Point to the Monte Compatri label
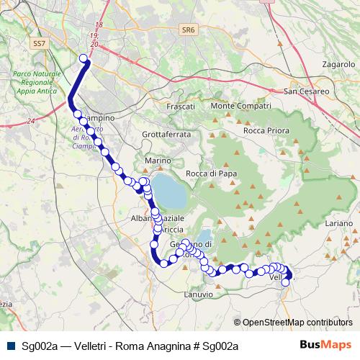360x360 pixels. point(235,107)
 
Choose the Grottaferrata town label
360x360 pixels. point(166,134)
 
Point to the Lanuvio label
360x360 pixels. point(199,294)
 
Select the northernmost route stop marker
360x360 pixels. point(84,58)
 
